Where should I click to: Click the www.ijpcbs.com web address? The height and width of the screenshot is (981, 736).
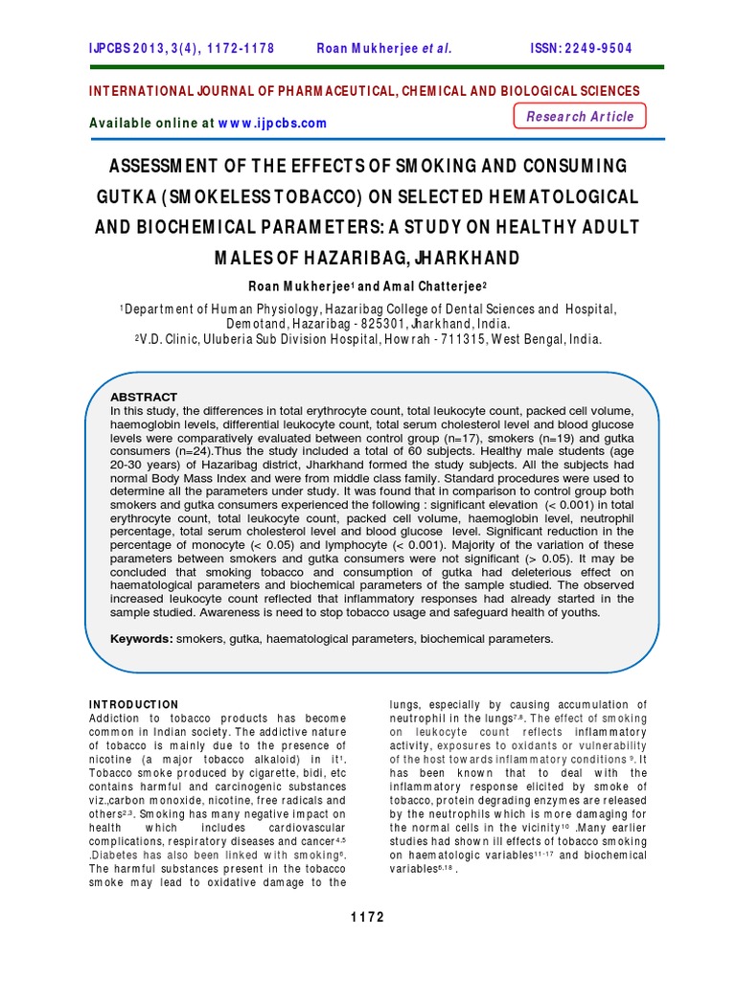pyautogui.click(x=272, y=123)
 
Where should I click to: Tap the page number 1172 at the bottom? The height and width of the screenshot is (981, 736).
pyautogui.click(x=368, y=917)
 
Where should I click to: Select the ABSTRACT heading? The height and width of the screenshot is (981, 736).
pyautogui.click(x=144, y=397)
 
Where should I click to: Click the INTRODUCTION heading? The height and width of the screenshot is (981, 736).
pyautogui.click(x=133, y=704)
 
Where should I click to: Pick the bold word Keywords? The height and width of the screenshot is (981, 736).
pyautogui.click(x=141, y=638)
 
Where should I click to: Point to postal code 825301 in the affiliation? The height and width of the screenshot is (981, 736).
pyautogui.click(x=274, y=323)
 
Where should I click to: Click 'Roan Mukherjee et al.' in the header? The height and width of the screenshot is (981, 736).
pyautogui.click(x=383, y=49)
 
